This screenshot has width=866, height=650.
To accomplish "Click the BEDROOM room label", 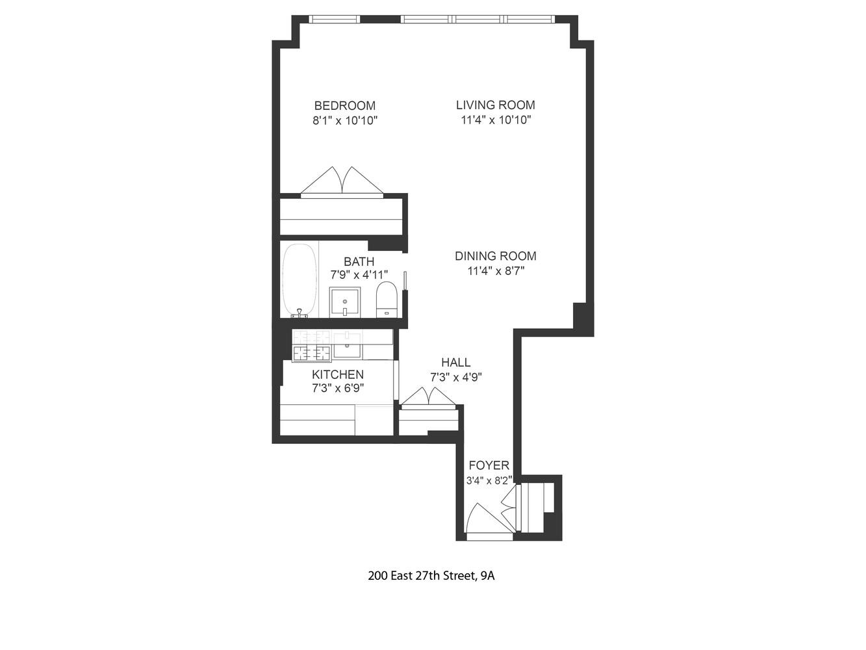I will [344, 105].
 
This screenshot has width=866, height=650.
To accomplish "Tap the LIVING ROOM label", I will [495, 105].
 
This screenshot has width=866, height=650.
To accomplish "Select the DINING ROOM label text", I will [495, 256].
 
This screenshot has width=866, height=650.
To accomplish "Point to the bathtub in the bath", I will [300, 280].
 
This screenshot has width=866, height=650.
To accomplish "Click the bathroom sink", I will [345, 302].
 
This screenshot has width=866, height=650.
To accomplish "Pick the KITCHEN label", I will [337, 374].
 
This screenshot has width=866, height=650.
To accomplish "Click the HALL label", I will [455, 363].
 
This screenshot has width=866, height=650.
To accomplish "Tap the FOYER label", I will [489, 465].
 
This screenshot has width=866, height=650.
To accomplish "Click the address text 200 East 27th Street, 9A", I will [431, 575].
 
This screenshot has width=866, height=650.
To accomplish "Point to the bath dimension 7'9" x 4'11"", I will [359, 275].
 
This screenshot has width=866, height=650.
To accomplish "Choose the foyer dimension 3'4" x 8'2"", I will [489, 481].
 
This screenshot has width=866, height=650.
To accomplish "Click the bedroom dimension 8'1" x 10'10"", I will [345, 120].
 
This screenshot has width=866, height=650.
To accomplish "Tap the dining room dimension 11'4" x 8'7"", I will [496, 271].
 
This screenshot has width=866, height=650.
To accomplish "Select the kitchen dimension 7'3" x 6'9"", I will [337, 389].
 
